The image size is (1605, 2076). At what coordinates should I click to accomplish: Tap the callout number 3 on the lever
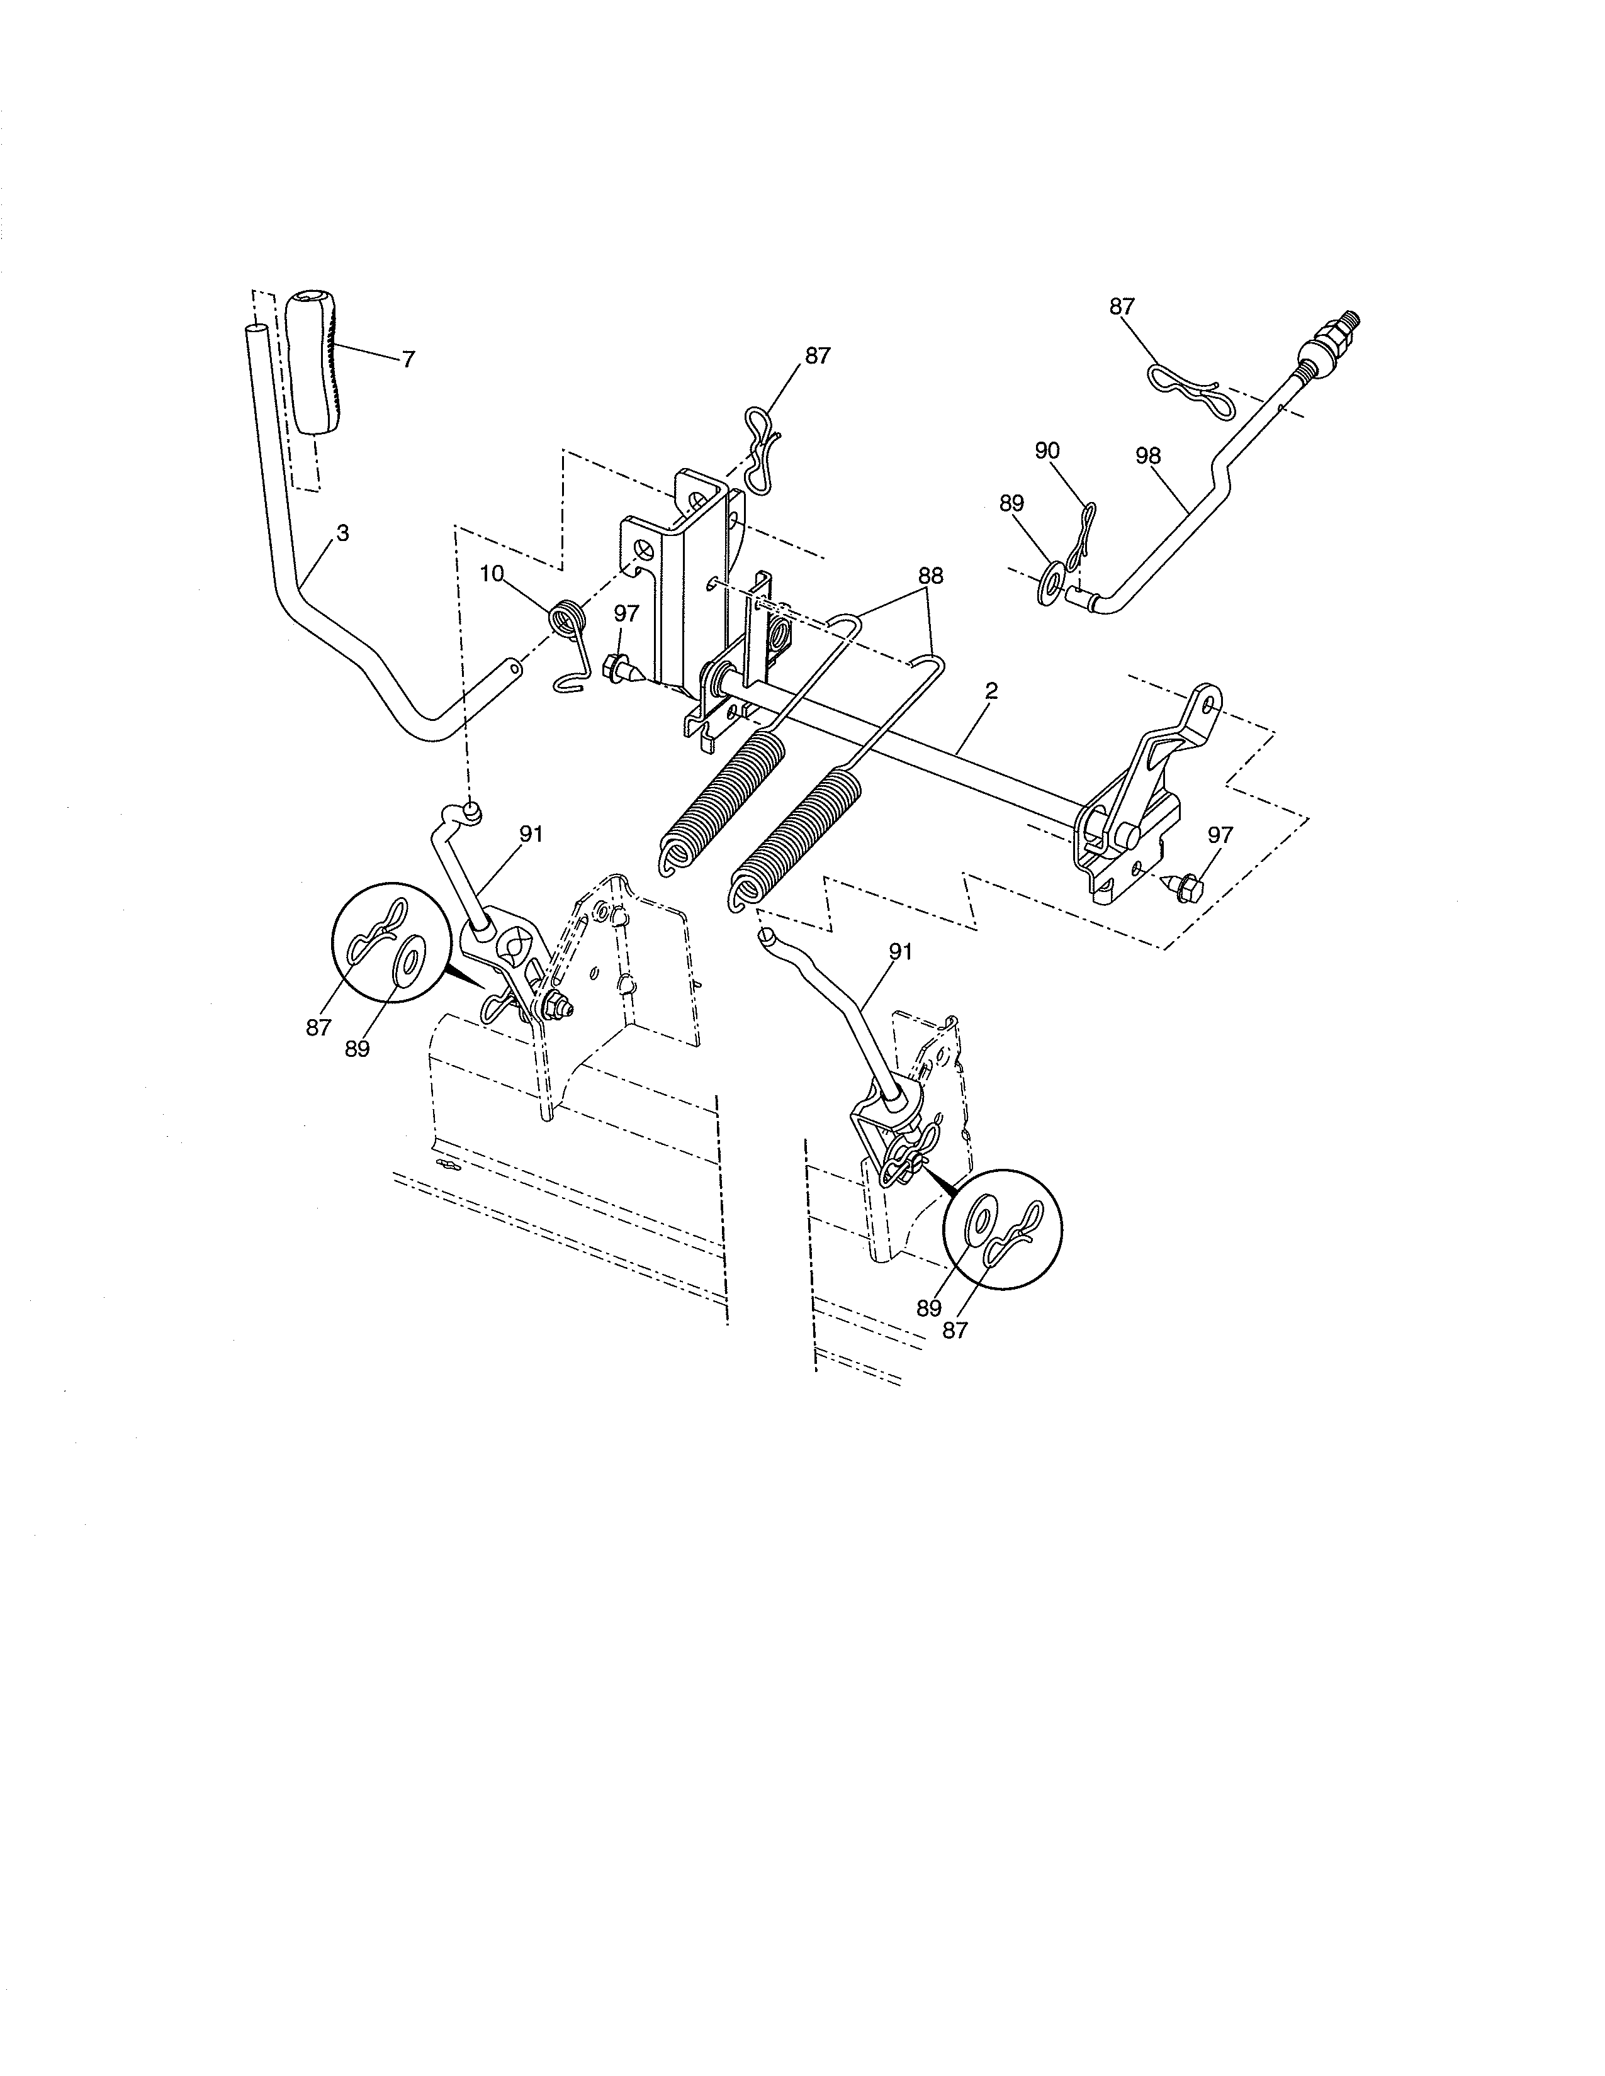342,534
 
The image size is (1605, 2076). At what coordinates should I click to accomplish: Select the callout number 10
492,574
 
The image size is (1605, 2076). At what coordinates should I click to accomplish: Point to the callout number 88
931,576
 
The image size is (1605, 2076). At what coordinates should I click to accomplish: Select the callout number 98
1147,456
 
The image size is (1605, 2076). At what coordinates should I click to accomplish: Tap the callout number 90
1047,450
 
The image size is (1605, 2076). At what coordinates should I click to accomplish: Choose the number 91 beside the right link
901,951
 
